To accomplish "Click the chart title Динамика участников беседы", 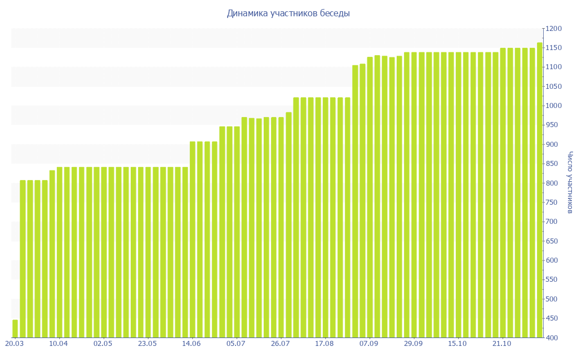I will coord(288,13).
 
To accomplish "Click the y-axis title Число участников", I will coord(570,182).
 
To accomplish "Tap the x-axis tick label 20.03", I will coord(14,344).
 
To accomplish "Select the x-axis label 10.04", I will coord(59,344).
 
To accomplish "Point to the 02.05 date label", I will coord(103,344).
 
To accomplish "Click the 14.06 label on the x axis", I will coord(192,344).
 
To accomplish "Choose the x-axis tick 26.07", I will coord(281,344).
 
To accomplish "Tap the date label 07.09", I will coord(369,344).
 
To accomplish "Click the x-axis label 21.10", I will coord(502,344).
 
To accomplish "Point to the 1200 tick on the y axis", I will coord(554,29).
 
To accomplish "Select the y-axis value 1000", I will coord(554,106).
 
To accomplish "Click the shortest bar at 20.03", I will coord(15,328).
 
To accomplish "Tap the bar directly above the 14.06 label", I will coord(193,240).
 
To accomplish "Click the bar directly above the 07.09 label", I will coord(370,197).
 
